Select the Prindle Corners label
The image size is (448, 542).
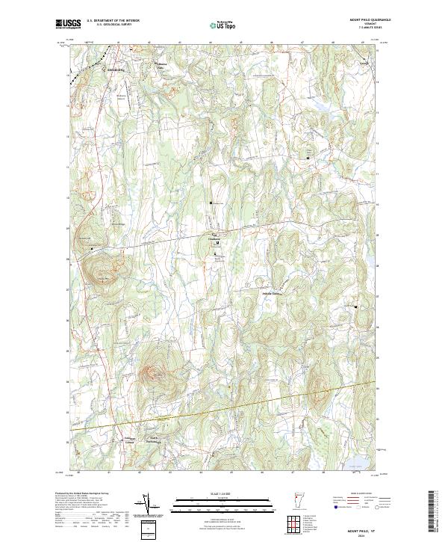coord(275,294)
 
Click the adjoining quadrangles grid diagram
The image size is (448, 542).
coord(293,523)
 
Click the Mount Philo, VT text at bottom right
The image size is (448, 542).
coord(362,527)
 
